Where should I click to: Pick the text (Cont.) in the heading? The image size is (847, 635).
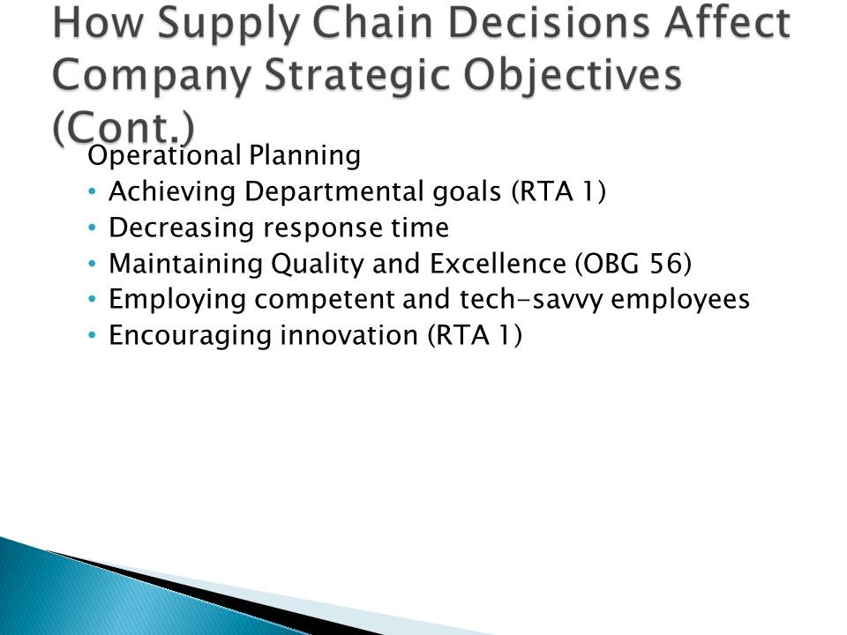tap(124, 127)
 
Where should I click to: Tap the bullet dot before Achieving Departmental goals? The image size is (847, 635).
tap(92, 191)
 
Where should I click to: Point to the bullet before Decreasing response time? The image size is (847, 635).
tap(92, 228)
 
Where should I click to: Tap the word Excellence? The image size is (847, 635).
tap(498, 264)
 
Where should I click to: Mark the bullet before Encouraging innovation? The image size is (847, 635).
tap(92, 335)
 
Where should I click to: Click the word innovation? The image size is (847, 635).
tap(349, 335)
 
